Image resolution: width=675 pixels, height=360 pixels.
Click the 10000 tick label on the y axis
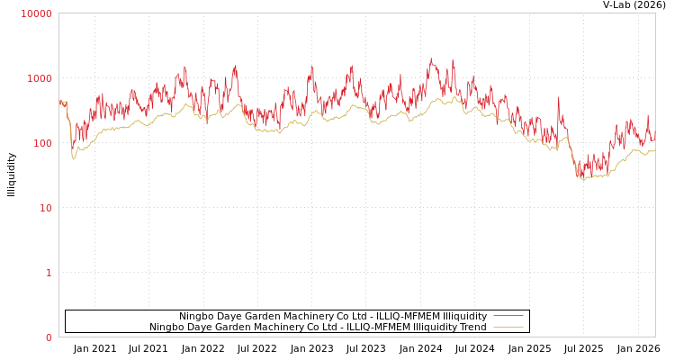point(37,13)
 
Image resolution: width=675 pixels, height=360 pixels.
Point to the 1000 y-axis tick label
point(40,78)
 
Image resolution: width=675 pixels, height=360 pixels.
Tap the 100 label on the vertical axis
point(41,143)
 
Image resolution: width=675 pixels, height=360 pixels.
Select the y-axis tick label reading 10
point(44,208)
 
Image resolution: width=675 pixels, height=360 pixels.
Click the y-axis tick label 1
point(49,273)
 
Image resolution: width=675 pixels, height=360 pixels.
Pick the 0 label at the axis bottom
point(49,337)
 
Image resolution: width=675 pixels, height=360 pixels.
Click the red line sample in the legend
point(508,316)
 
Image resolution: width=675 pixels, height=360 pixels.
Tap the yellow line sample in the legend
point(508,327)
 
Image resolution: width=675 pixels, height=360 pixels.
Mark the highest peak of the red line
point(431,59)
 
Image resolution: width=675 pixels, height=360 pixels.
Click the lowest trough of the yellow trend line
point(583,180)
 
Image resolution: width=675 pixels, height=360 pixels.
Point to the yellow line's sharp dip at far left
point(74,159)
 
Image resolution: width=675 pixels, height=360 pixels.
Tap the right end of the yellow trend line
point(654,151)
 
